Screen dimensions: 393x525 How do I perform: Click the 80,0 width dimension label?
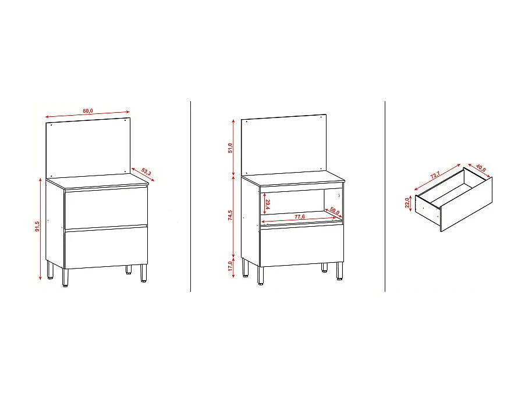[88, 110]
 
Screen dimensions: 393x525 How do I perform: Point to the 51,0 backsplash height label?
[230, 148]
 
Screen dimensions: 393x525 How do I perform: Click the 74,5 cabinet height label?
[230, 216]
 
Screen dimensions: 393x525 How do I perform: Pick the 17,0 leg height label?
[230, 266]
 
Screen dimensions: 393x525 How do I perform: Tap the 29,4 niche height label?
[268, 205]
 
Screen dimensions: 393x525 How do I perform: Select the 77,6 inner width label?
[300, 216]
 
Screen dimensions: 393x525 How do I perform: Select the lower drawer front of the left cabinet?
[105, 248]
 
